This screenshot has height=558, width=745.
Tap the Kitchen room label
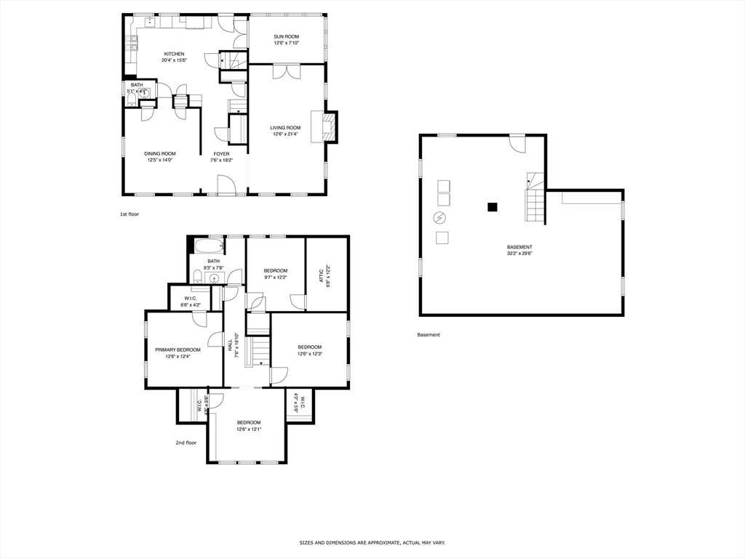[x=174, y=54]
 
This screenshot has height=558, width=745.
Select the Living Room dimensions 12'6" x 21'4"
[x=286, y=134]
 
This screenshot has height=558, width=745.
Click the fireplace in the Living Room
[x=330, y=126]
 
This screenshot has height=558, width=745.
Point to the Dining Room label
[x=159, y=153]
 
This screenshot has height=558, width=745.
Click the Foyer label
[x=221, y=153]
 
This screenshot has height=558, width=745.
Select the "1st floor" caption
[x=129, y=214]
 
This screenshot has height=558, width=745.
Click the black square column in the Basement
[x=493, y=207]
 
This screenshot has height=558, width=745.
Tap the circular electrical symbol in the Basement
[x=439, y=217]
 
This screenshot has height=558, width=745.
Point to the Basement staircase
[x=535, y=200]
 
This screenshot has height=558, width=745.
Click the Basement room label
[x=519, y=247]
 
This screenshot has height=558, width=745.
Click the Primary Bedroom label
[x=178, y=349]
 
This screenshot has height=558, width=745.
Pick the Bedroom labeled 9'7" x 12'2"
[x=275, y=274]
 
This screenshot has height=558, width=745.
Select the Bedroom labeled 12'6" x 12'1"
[x=248, y=426]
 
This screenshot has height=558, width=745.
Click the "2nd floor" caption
[x=186, y=442]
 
